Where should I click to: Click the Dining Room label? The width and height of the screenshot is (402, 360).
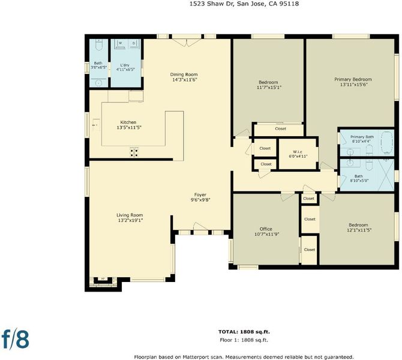pos(184,74)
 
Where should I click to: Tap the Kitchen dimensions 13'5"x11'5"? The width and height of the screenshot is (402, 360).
pos(128,127)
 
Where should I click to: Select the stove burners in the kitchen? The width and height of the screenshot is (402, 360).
pos(134,152)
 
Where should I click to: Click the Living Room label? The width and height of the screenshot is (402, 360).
pos(130,215)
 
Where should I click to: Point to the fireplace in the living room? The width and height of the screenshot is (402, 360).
pos(103,281)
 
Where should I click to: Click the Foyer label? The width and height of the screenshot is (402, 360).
pos(200,194)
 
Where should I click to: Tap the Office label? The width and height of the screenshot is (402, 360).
pos(266,229)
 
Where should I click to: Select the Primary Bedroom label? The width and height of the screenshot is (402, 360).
pos(353,79)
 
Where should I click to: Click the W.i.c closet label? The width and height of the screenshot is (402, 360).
pos(298,152)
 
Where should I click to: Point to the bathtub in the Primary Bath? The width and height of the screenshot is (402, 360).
pos(387,143)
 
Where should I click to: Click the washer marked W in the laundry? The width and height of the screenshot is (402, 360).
pos(120,44)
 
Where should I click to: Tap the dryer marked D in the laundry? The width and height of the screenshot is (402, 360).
pos(134,44)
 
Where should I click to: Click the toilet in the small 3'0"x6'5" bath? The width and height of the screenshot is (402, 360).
pos(98,45)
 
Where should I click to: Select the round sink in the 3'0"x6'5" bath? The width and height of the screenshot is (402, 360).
pos(98,83)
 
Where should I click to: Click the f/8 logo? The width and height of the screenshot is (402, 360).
pos(16,338)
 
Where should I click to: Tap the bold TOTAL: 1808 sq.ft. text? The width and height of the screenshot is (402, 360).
pos(244,332)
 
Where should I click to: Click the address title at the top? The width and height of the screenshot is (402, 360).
pos(244,4)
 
